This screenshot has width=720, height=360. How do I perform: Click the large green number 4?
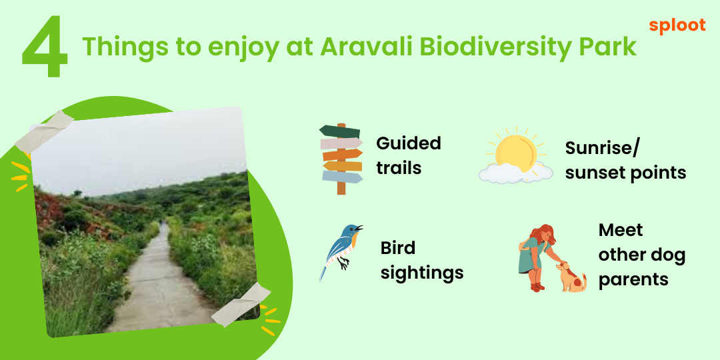coord(45,47)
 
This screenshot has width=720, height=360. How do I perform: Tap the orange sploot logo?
coord(677,26)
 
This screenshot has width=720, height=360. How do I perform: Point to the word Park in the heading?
coord(604,47)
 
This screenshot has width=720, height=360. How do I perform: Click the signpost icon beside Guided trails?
coord(341,159)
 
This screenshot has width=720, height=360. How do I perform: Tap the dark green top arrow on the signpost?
coord(340,131)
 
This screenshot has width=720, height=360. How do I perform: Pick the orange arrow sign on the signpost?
coord(343,155)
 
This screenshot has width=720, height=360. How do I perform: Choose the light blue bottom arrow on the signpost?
coord(343,177)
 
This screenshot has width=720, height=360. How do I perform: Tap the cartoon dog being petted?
coord(571,277)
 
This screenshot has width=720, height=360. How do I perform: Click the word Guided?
coord(408,143)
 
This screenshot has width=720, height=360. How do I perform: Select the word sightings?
coord(422,274)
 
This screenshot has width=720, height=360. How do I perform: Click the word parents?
coord(633,279)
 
